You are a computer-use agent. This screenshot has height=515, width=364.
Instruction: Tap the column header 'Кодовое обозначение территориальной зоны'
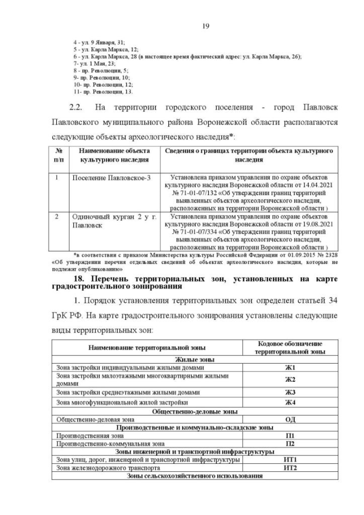(x=290, y=348)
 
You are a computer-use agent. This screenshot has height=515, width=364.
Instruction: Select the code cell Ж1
(x=290, y=368)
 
